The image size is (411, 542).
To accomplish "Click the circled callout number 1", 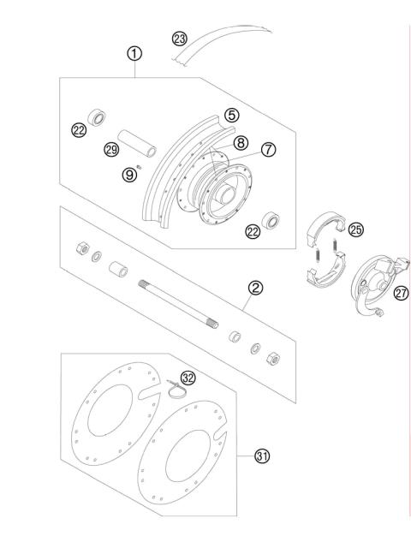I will click(134, 53).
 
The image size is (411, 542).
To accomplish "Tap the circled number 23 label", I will click(179, 39).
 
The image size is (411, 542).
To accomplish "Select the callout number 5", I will click(232, 114).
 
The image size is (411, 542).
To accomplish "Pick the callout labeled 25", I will click(356, 229).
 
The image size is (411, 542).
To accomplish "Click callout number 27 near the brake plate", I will click(400, 293).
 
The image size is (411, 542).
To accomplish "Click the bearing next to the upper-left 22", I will click(98, 116).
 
